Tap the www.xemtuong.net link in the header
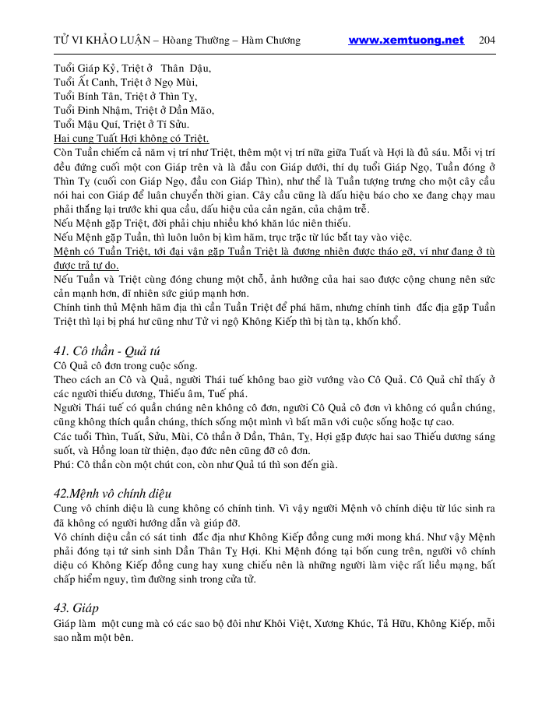pyautogui.click(x=406, y=40)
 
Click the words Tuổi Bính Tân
pyautogui.click(x=83, y=96)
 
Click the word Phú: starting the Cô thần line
pyautogui.click(x=65, y=465)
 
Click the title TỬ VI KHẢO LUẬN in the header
pyautogui.click(x=100, y=40)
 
